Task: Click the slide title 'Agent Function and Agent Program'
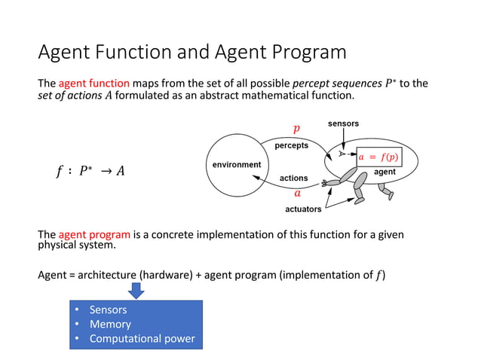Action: point(192,52)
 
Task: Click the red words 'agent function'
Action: point(93,83)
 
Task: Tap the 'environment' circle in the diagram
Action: point(233,164)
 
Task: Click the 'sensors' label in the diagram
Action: point(343,123)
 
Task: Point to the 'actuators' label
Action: point(303,209)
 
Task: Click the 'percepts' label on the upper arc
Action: point(290,145)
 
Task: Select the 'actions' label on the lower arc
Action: point(293,178)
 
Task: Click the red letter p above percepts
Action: point(296,130)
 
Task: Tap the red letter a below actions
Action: point(297,192)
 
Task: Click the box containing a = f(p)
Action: point(378,157)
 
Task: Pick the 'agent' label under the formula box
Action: point(384,172)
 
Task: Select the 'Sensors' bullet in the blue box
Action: point(108,310)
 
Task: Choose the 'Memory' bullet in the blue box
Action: point(110,324)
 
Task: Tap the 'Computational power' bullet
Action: point(142,338)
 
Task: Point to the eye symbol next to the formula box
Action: point(342,153)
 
